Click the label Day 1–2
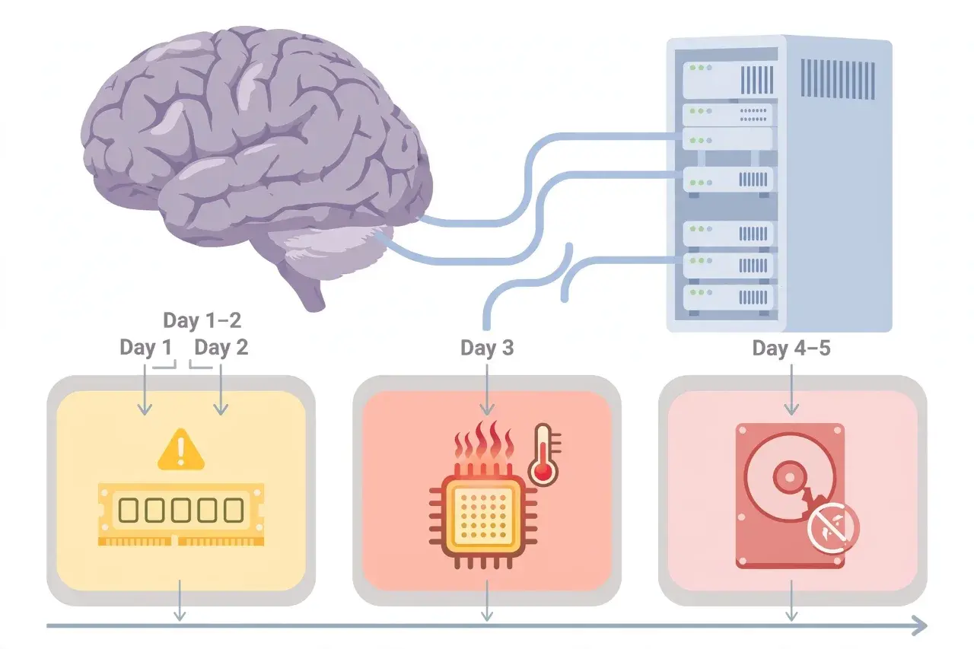coord(202,320)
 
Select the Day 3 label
coord(487,348)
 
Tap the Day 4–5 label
coord(791,348)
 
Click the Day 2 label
coord(221,347)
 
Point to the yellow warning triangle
coord(181,450)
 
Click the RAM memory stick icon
coord(181,514)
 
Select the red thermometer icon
coord(544,454)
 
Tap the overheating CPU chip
coord(483,517)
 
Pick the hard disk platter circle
coord(790,478)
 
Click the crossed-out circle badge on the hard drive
coord(833,528)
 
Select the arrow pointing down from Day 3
coord(487,390)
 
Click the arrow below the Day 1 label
coord(145,390)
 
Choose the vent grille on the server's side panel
coord(838,79)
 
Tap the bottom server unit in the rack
coord(728,297)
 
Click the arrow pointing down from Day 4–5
coord(791,390)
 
